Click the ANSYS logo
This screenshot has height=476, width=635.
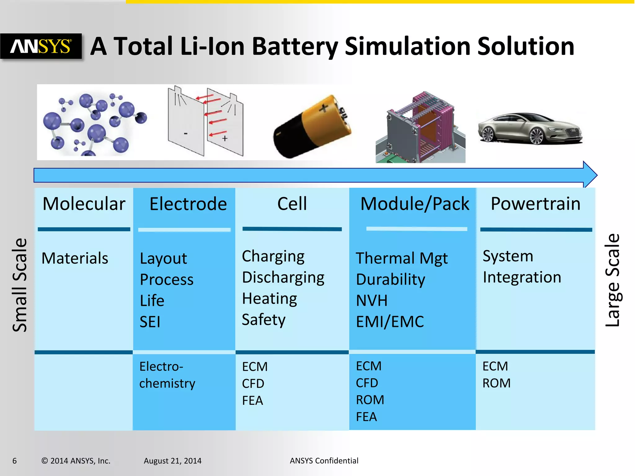point(41,46)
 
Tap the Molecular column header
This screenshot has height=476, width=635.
point(84,204)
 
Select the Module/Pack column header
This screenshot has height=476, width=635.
point(415,204)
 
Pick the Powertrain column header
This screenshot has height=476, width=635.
point(535,204)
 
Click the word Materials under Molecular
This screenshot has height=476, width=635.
point(75,258)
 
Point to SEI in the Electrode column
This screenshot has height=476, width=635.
point(150,322)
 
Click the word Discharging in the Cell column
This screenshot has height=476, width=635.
point(283,277)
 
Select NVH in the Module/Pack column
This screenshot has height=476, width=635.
point(372,301)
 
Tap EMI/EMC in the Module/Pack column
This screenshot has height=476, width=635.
point(390,322)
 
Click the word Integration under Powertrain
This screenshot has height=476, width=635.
point(522,277)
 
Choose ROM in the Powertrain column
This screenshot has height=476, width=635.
point(496,383)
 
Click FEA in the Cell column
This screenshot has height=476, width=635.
point(252,401)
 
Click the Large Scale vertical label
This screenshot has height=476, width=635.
point(613,280)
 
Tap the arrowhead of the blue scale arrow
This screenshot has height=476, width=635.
point(590,175)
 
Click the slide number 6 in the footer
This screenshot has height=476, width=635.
point(15,461)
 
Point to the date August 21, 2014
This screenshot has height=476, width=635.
point(172,461)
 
